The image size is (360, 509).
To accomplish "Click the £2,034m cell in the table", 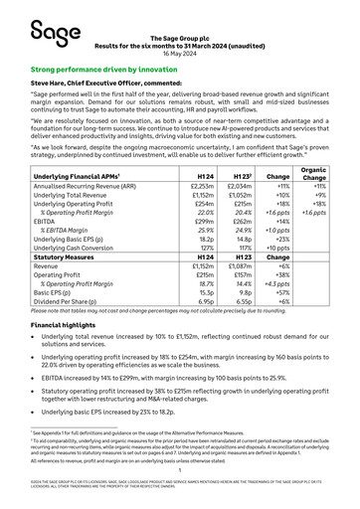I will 240,186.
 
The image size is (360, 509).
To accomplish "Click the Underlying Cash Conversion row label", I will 79,249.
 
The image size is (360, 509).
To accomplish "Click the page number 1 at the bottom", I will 179,476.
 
